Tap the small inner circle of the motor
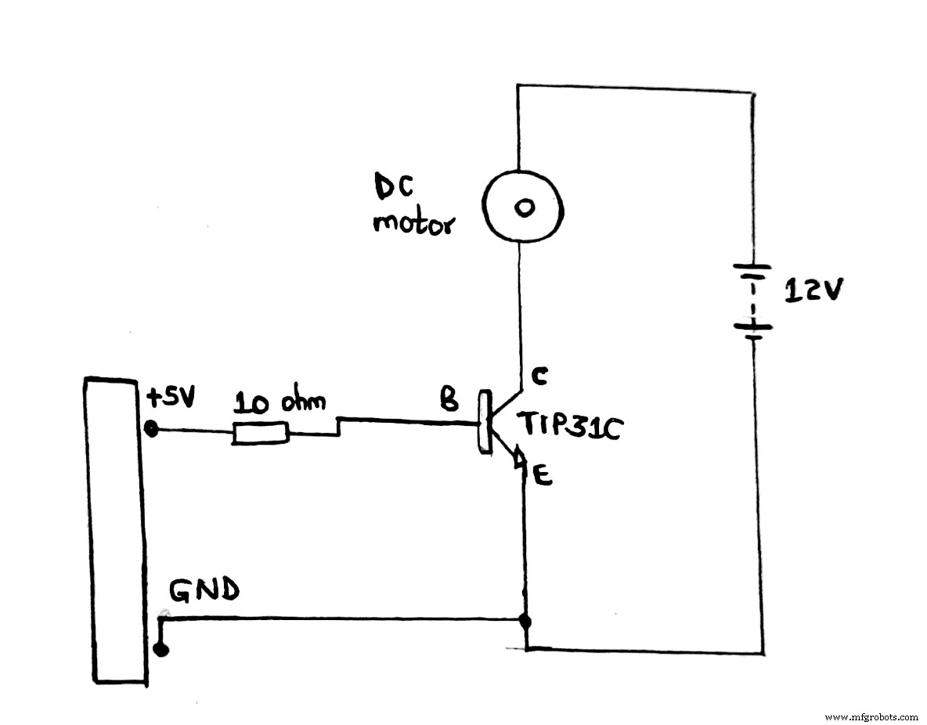(x=523, y=207)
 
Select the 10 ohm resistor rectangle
(x=261, y=433)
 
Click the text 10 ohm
(x=280, y=403)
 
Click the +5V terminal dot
(x=152, y=429)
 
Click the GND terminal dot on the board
(x=161, y=649)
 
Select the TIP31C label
(x=568, y=426)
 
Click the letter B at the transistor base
(x=449, y=402)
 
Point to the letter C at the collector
(x=539, y=376)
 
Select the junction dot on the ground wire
(x=525, y=622)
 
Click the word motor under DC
(x=413, y=224)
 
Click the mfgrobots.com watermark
(x=871, y=716)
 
